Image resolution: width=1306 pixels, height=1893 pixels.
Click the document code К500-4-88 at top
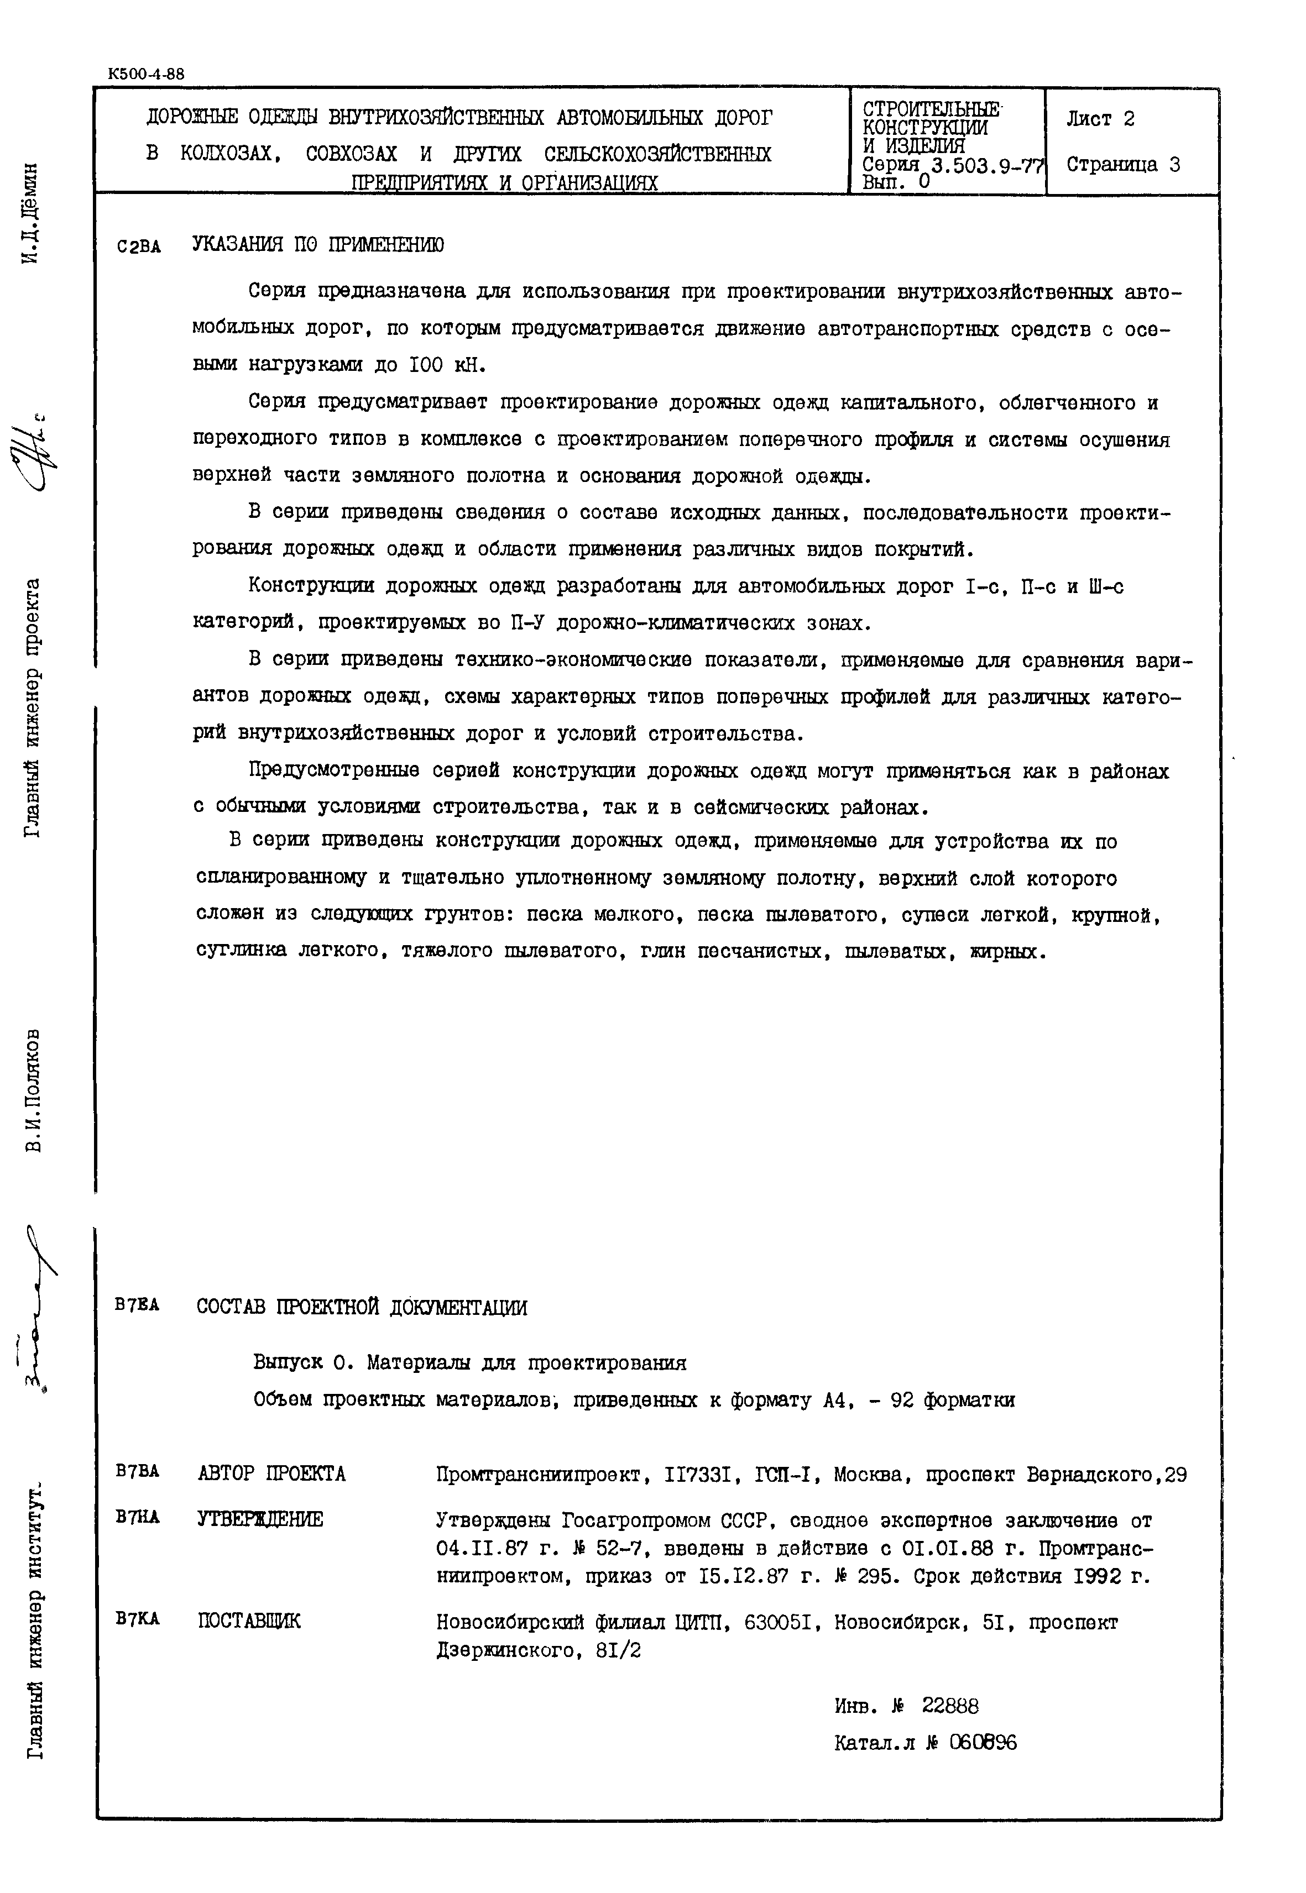[145, 74]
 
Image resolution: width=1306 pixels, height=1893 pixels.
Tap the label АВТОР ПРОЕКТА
[271, 1474]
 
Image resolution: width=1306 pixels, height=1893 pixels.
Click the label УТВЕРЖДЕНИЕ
[260, 1520]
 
